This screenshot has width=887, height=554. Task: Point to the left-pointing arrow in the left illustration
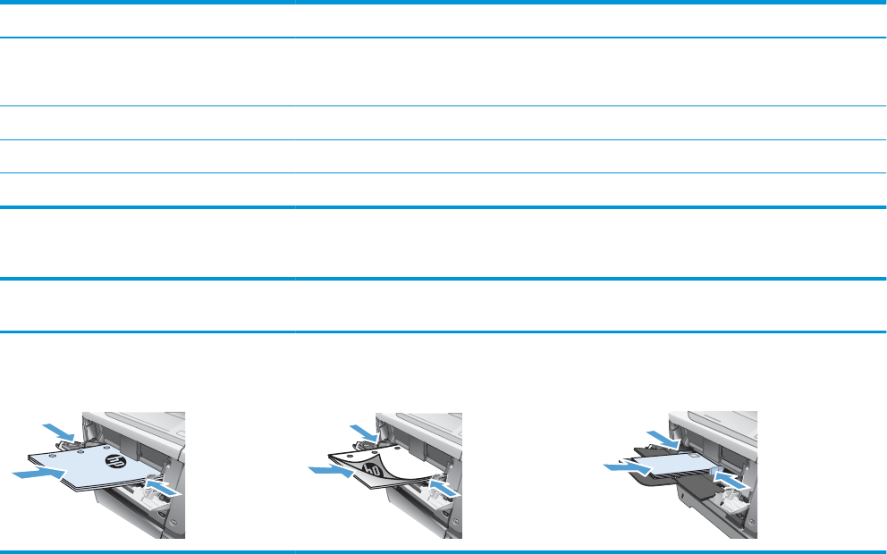[x=168, y=489]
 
